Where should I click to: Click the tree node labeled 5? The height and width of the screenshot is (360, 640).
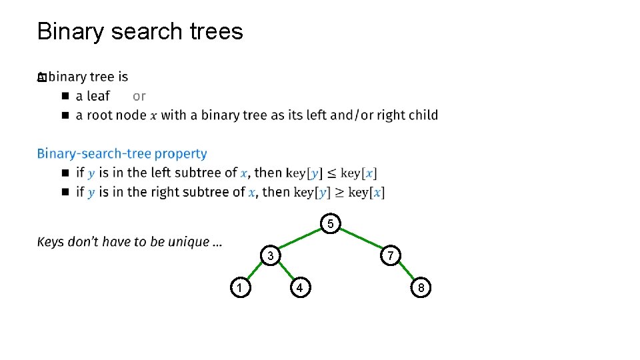point(330,224)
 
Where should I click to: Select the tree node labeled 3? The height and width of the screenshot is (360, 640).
point(270,256)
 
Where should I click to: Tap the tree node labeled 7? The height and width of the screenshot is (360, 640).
point(391,256)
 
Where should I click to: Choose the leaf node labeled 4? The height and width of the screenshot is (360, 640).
point(300,288)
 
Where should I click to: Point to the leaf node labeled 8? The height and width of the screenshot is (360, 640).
point(421,288)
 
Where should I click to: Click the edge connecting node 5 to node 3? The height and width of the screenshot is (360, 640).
point(300,240)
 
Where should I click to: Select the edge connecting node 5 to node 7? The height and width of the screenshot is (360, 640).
point(361,240)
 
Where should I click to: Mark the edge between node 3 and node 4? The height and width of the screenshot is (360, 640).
point(285,272)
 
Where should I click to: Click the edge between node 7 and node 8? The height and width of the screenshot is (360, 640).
point(405,272)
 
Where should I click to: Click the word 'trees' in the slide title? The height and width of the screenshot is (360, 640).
point(215,31)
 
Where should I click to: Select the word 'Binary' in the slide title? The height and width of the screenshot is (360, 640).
point(71,31)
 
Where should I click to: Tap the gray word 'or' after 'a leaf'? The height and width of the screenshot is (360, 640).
point(139,96)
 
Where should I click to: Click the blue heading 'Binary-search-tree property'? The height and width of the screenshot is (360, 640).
point(122,153)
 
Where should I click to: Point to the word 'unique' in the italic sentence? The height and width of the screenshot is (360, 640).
point(188,241)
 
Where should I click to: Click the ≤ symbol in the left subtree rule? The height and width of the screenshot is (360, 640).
point(331,173)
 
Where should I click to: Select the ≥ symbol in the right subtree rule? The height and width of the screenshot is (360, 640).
point(339,193)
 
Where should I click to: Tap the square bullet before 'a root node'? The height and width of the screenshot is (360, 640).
point(65,115)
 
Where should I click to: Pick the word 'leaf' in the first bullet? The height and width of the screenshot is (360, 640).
point(98,96)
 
